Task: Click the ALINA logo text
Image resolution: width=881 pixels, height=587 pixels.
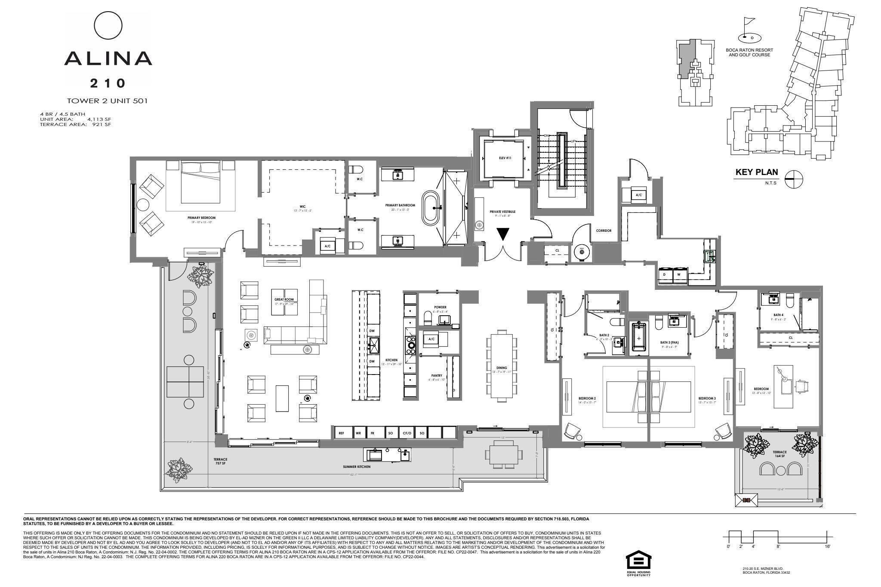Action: click(108, 58)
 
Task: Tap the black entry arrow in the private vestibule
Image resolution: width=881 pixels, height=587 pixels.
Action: click(502, 234)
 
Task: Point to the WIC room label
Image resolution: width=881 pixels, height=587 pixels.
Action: click(303, 206)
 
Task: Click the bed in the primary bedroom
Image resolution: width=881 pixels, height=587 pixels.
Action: click(201, 183)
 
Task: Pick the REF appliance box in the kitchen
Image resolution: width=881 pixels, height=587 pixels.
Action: click(342, 433)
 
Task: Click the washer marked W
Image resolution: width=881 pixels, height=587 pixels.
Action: click(679, 274)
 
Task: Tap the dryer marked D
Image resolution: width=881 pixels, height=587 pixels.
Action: click(665, 274)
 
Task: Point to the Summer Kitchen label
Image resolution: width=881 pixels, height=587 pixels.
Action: click(357, 467)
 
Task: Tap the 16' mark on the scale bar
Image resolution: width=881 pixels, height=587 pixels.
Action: click(827, 547)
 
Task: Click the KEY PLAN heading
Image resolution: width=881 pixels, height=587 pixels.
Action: click(757, 172)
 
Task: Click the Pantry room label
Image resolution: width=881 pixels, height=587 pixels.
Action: click(437, 375)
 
